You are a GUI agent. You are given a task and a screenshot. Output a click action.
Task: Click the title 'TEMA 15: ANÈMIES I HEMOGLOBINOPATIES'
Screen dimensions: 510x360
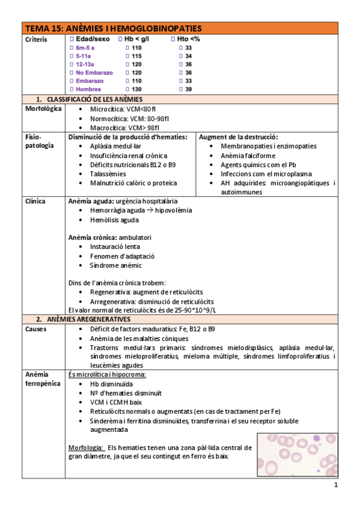point(113,29)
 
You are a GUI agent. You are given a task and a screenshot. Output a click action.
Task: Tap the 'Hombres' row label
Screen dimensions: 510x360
point(88,89)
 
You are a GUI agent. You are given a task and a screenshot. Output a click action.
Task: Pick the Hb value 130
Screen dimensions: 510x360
point(136,89)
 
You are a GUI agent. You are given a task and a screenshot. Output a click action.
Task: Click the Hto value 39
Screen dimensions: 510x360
point(189,89)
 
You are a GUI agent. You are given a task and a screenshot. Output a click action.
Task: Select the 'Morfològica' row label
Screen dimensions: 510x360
point(44,109)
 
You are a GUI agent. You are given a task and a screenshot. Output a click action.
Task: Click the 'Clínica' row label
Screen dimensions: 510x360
point(35,201)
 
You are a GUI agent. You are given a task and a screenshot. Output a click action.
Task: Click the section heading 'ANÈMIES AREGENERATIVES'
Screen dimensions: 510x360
point(88,319)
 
